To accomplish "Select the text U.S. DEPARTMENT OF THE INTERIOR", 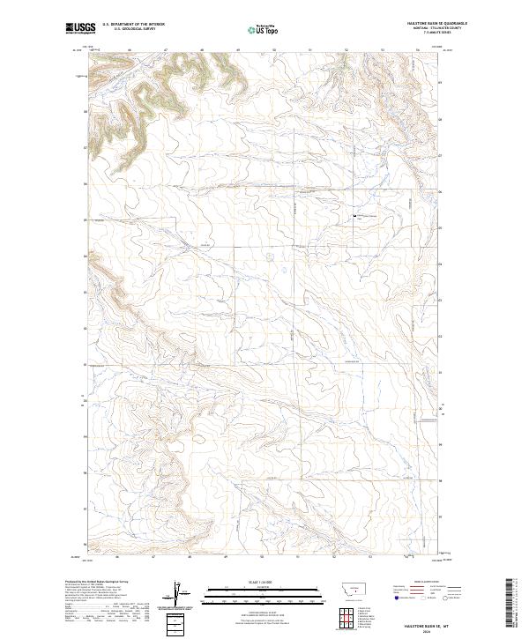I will pyautogui.click(x=133, y=26).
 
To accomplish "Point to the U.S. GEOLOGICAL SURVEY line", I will pyautogui.click(x=133, y=30).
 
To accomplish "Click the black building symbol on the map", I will pyautogui.click(x=354, y=215).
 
